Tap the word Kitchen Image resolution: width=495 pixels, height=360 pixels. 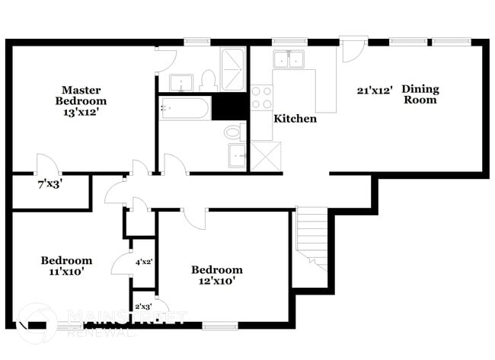pos(295,119)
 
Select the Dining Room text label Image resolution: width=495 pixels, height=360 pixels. pos(420,94)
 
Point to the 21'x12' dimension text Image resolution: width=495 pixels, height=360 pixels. pos(375,90)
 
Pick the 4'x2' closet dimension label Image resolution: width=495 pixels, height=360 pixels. pos(144,261)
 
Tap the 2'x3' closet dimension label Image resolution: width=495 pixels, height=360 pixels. pos(142,307)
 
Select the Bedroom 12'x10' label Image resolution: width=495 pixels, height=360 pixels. pos(217,275)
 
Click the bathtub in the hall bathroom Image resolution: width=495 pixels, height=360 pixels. pos(185,110)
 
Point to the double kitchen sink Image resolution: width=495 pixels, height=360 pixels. pos(289,59)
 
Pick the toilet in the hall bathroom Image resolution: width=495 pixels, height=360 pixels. pos(233,132)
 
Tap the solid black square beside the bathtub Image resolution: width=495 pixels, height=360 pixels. pos(229,107)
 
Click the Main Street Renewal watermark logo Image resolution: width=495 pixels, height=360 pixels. pos(38,323)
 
